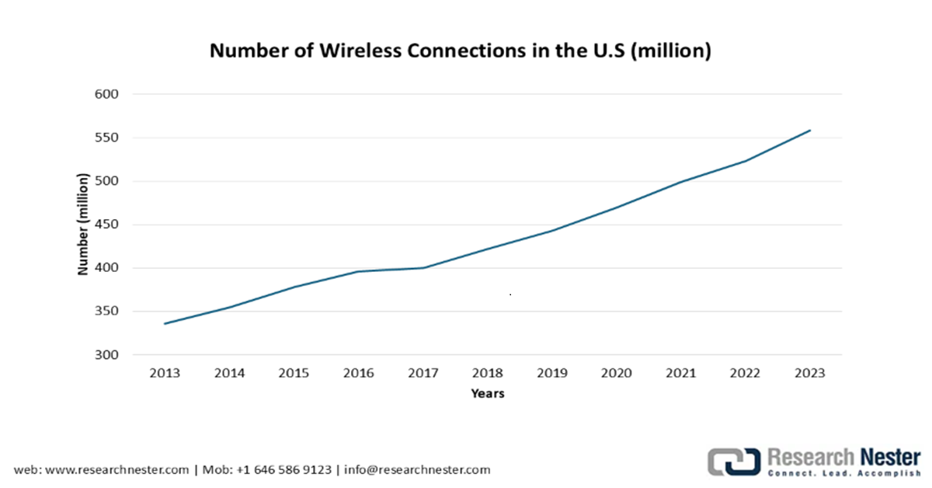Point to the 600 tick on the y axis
click(x=108, y=94)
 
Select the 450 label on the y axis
click(x=108, y=225)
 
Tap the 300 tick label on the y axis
click(x=108, y=355)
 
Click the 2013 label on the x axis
click(x=165, y=373)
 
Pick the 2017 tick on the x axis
click(x=423, y=373)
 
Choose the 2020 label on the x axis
click(x=616, y=373)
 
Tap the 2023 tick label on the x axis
click(x=809, y=373)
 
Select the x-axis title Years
click(x=487, y=394)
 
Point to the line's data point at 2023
click(x=810, y=131)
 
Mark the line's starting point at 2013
click(x=165, y=323)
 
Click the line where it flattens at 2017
click(x=423, y=267)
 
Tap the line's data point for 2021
click(x=681, y=182)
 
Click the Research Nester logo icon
click(x=732, y=461)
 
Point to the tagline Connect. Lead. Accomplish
click(x=843, y=472)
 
